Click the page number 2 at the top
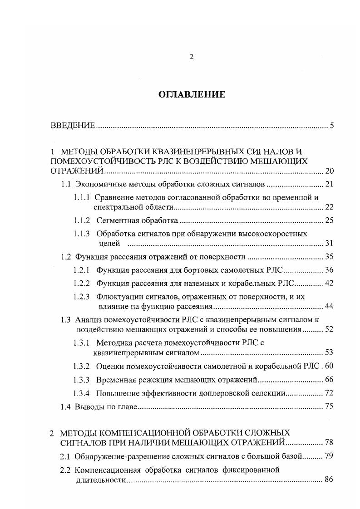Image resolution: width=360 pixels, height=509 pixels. coord(192,57)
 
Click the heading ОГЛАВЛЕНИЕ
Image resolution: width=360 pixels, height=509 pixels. coord(191,95)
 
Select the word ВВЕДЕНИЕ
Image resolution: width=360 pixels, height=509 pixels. coord(73,126)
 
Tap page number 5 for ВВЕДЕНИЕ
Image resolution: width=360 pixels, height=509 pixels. coord(332,126)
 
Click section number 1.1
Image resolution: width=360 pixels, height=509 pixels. coord(66,185)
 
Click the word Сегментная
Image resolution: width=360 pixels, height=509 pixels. coord(115,221)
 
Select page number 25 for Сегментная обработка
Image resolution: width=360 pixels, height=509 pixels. coord(329,221)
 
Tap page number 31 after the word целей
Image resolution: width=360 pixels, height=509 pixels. coord(329,244)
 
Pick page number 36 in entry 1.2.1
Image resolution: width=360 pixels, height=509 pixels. coord(329,270)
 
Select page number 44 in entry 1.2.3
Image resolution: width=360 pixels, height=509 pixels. coord(329,307)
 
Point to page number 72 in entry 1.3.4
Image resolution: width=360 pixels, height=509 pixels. coord(329,392)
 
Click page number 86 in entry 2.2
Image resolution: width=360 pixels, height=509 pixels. coord(329,480)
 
